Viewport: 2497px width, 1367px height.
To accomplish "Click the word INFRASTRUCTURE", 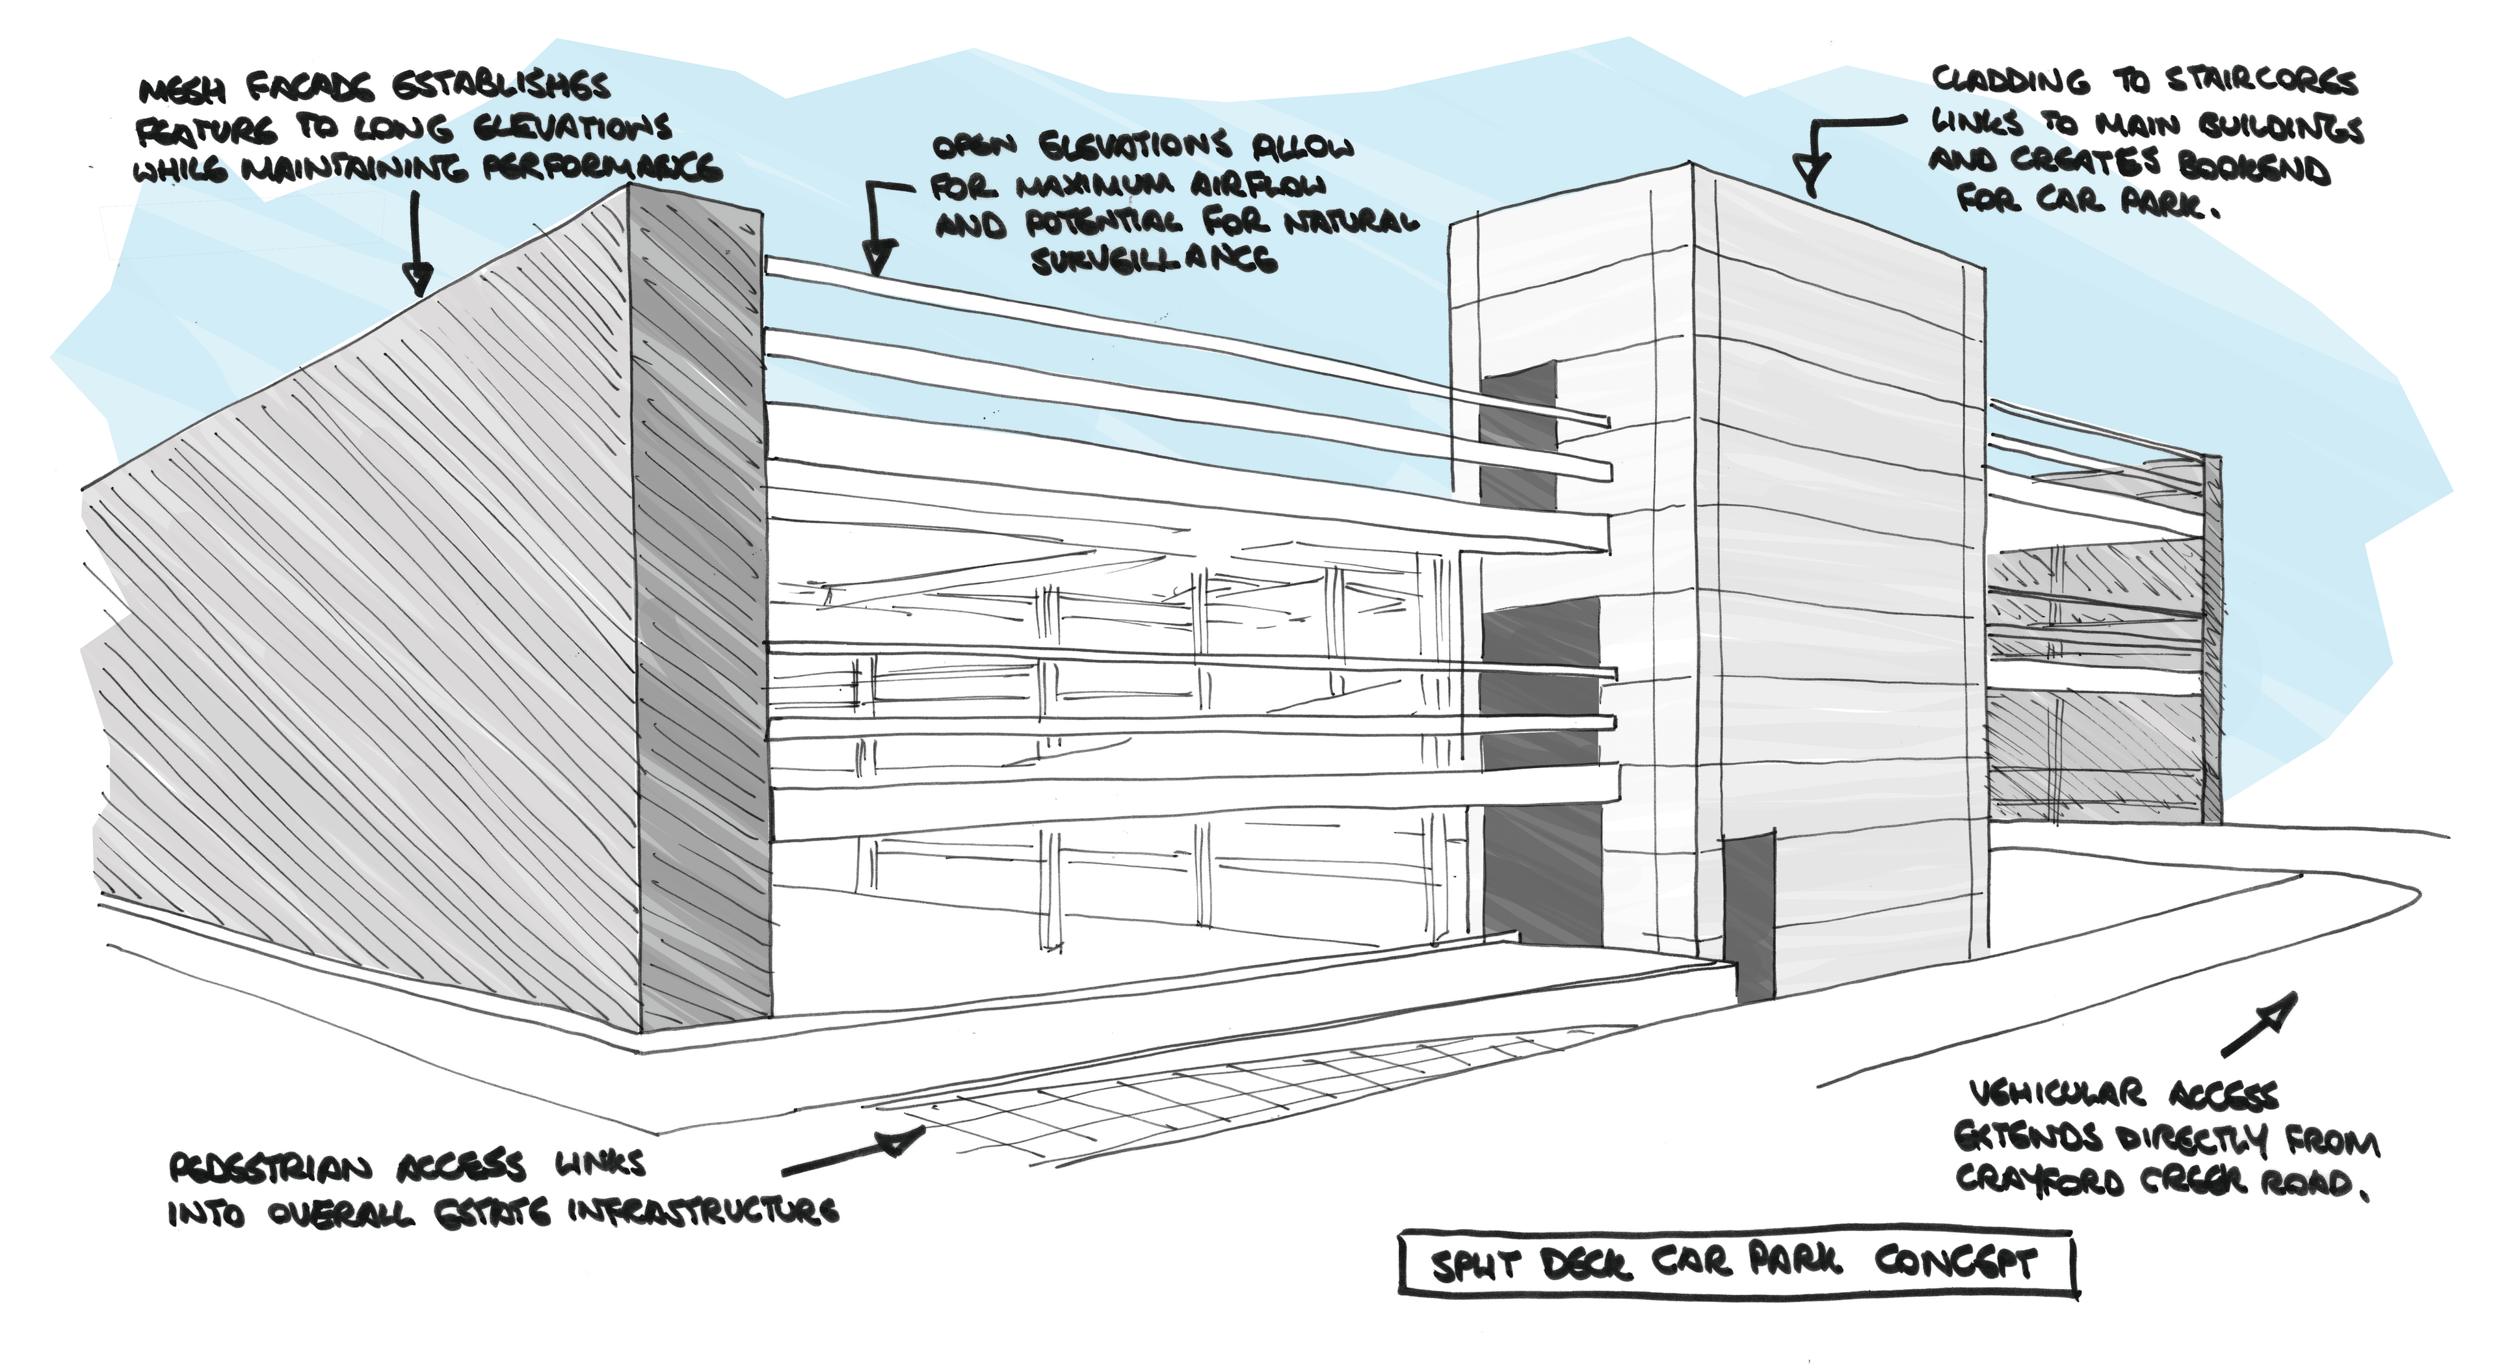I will (x=703, y=1211).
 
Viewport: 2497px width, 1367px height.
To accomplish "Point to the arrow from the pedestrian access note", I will (x=853, y=1153).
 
